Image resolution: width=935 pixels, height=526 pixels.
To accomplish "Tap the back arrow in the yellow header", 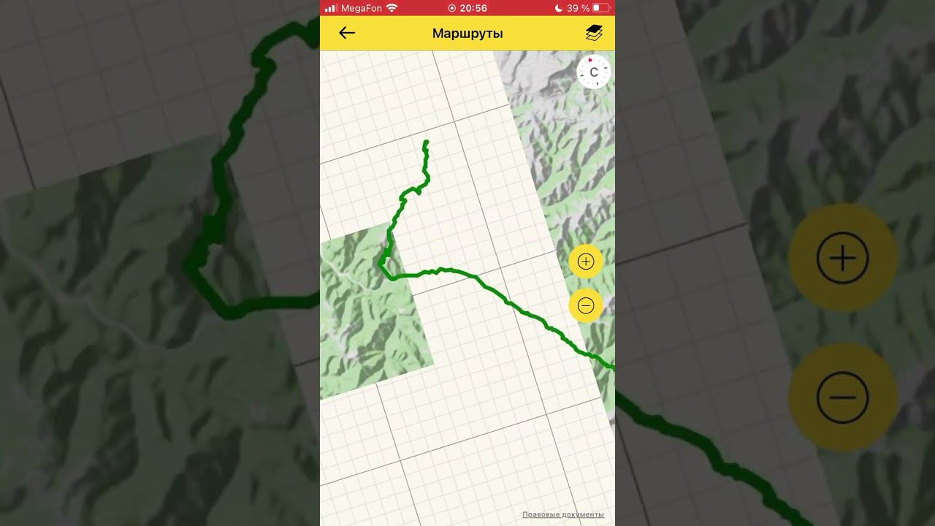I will coord(347,33).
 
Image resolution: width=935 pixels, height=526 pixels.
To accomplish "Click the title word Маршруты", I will coord(467,34).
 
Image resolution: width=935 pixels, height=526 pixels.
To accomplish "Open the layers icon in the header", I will coord(594,33).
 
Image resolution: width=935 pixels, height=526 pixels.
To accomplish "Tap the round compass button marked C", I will coord(594,72).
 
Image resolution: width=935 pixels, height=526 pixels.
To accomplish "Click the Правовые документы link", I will coord(563,514).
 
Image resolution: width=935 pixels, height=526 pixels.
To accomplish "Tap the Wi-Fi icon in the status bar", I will coord(392,8).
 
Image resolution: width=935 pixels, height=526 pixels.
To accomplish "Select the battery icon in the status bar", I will coord(600,8).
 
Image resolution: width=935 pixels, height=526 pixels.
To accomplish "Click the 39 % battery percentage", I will coord(578,8).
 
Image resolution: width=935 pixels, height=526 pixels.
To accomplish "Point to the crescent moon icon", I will coord(559,8).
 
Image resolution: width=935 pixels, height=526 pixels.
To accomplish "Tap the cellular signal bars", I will coord(330,8).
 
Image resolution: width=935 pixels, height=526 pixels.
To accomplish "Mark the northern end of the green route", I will coord(427,142).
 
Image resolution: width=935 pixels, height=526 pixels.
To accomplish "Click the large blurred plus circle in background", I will coord(843,258).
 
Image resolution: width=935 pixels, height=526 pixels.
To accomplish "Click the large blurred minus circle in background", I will coord(843,397).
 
